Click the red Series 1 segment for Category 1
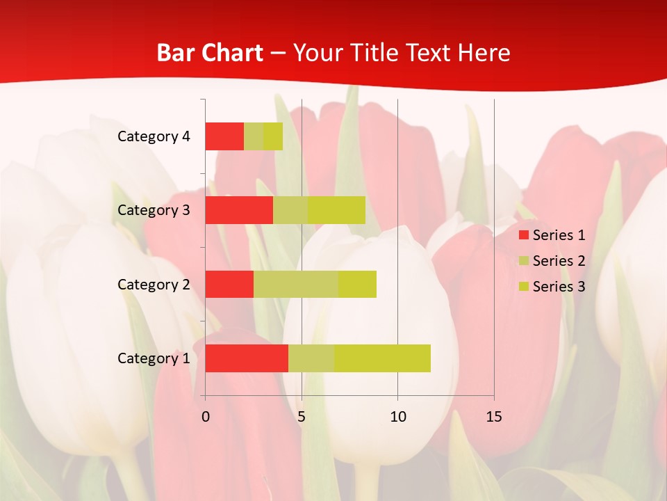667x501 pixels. (247, 358)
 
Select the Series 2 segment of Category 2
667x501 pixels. (296, 284)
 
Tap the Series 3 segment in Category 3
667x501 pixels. (337, 210)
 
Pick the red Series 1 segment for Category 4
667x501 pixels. (224, 136)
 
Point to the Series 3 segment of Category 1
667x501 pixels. (382, 358)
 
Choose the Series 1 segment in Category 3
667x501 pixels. (239, 210)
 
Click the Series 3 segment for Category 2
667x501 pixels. (357, 284)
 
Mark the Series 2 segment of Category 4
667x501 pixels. (254, 136)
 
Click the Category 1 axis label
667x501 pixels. (154, 358)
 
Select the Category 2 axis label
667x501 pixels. (154, 285)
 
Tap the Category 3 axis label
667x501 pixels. (154, 210)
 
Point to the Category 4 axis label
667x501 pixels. (154, 136)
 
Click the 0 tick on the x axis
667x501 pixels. (206, 417)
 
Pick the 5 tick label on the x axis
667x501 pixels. (302, 417)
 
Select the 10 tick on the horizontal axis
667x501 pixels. (397, 417)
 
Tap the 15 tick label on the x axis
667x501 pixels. (494, 417)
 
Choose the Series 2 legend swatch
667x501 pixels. (523, 261)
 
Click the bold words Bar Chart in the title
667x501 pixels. (209, 53)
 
